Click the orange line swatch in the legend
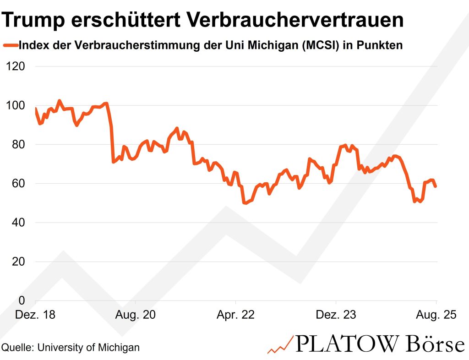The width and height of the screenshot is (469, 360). click(11, 45)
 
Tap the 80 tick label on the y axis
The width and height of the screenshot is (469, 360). click(20, 144)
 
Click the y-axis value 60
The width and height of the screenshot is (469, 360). click(20, 184)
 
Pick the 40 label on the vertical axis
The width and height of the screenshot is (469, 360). click(20, 223)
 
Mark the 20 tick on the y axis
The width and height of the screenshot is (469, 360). click(20, 262)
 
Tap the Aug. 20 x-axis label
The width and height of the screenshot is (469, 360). click(136, 315)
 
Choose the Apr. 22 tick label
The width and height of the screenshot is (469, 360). click(235, 315)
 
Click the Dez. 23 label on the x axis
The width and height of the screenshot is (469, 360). click(336, 315)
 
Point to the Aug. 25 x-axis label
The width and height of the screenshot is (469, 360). click(436, 315)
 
